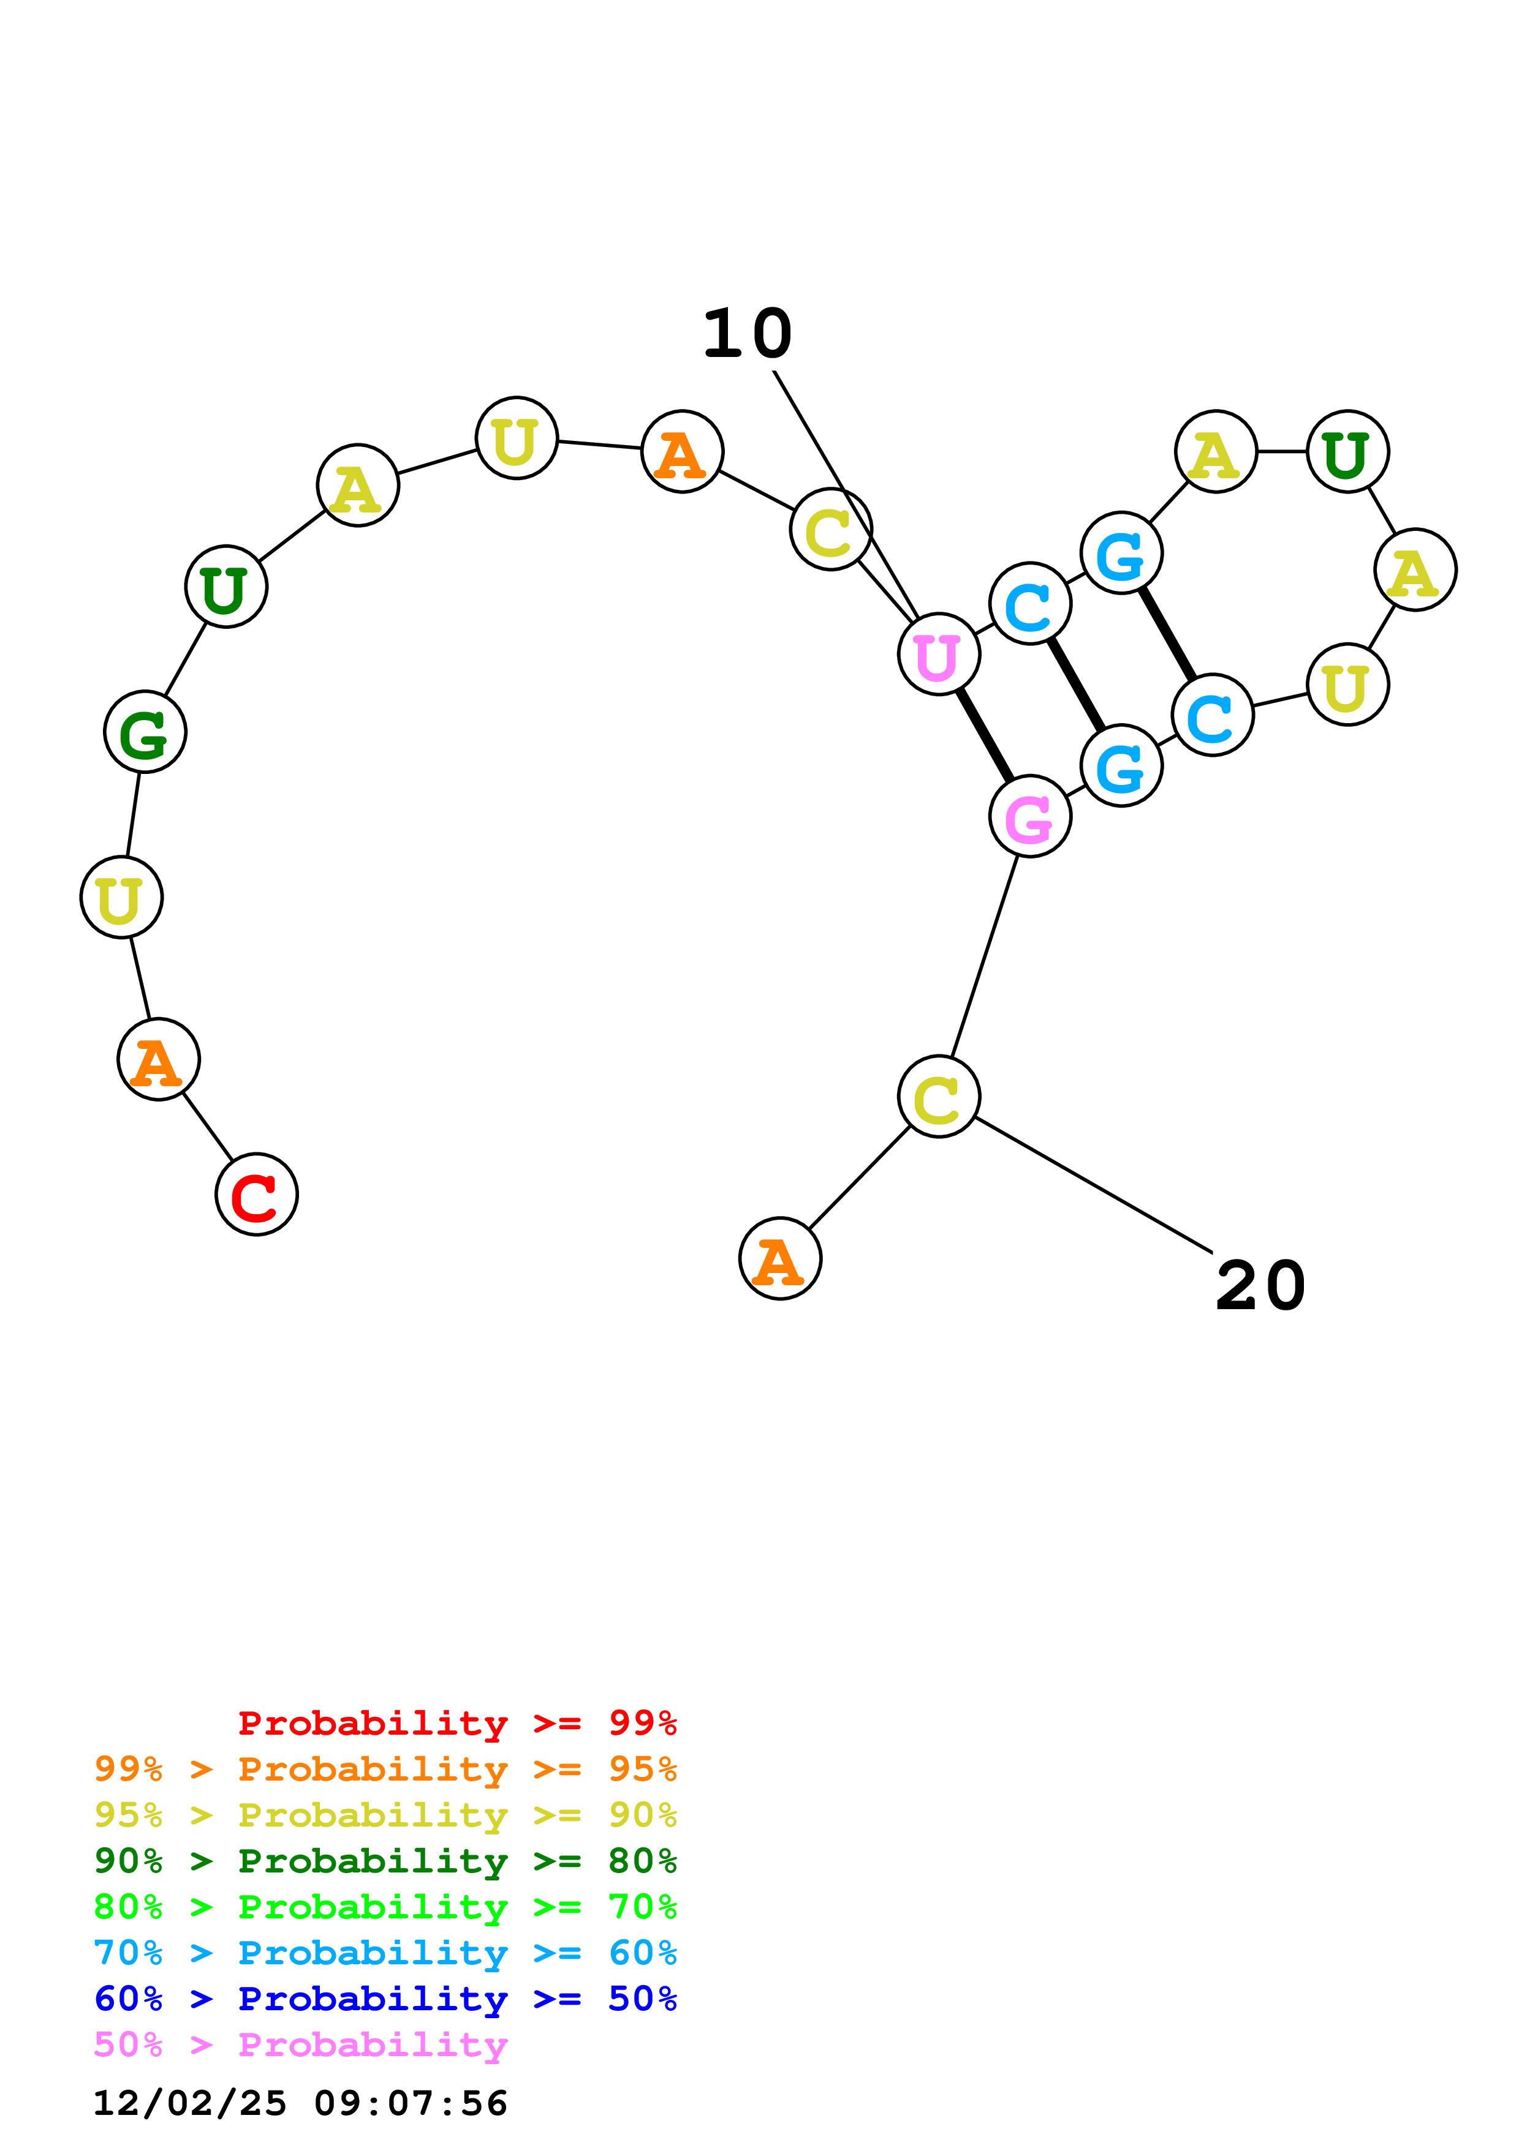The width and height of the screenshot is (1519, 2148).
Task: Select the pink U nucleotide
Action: coord(939,655)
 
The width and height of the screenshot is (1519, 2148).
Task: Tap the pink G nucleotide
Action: coord(1029,817)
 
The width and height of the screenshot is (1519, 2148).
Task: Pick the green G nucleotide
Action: coord(145,732)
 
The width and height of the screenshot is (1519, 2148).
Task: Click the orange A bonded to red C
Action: coord(158,1059)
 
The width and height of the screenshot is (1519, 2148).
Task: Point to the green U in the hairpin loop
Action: coord(1347,452)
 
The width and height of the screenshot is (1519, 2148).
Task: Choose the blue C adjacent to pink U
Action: coord(1029,604)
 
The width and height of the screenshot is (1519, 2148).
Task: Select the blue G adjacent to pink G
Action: coord(1121,766)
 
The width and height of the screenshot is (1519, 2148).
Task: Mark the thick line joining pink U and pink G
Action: coord(985,736)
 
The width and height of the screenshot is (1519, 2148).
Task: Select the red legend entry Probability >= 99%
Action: coord(456,1723)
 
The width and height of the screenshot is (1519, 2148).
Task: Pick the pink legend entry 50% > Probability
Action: coord(300,2045)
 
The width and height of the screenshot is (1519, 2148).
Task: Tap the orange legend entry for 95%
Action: coord(385,1769)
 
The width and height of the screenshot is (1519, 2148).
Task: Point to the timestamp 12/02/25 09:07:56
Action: coord(300,2103)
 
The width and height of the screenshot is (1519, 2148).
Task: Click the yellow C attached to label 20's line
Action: coord(939,1097)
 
